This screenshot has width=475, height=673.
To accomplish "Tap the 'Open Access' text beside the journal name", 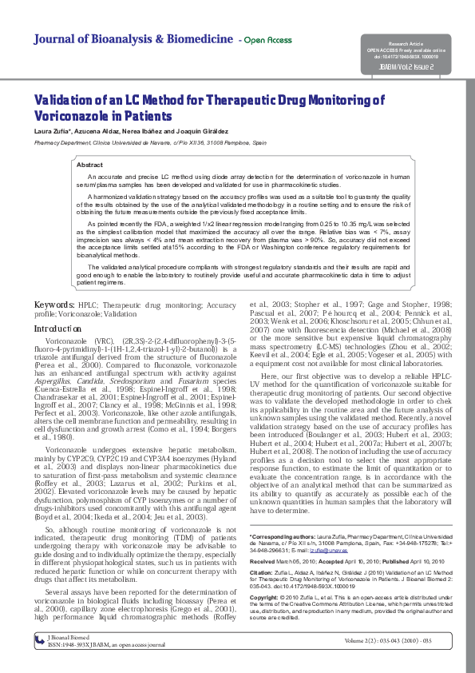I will point(267,40).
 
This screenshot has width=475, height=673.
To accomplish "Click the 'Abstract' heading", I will point(89,164).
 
